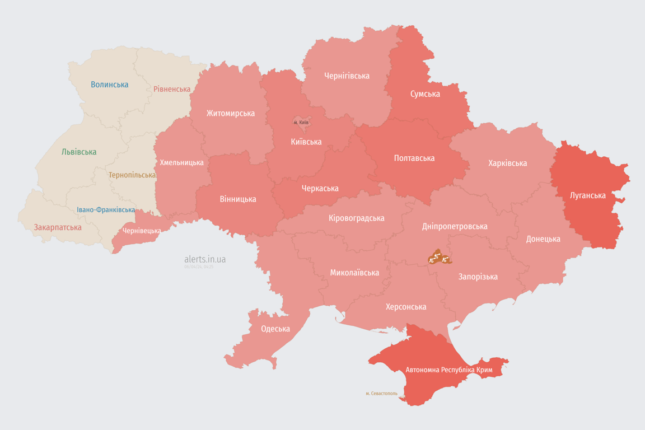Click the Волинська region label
pos(109,85)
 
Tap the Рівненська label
pos(172,89)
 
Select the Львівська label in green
pos(79,152)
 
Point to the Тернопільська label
pos(132,175)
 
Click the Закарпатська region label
pos(58,227)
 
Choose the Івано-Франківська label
pos(106,210)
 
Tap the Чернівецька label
pos(142,230)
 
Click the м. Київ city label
pos(301,122)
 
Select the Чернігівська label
pos(347,76)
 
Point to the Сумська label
pos(425,94)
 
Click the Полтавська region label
pos(414,158)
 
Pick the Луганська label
pos(587,195)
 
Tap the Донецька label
pos(543,239)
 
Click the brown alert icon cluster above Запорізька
pos(439,258)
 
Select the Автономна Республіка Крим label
pos(448,370)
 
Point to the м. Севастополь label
pos(381,394)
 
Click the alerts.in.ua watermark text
pos(205,259)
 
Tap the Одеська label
pos(275,329)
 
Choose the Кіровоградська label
pos(356,218)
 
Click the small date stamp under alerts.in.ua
pos(199,267)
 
